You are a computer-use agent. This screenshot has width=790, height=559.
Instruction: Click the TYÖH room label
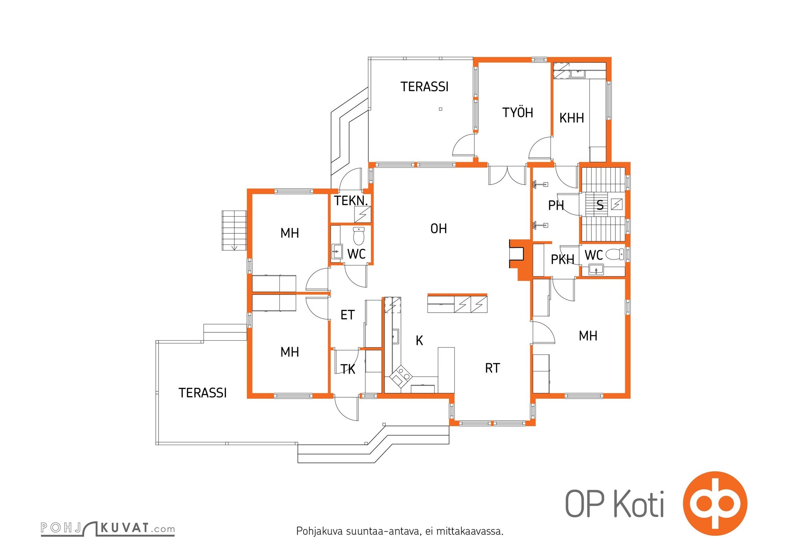click(x=518, y=112)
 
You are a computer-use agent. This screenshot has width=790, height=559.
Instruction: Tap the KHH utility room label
click(x=571, y=118)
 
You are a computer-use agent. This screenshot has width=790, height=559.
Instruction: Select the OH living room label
click(x=438, y=228)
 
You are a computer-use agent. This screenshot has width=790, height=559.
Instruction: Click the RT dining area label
click(x=492, y=368)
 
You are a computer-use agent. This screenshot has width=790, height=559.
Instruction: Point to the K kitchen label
click(x=419, y=340)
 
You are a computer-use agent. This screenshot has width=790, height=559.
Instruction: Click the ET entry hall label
click(x=348, y=315)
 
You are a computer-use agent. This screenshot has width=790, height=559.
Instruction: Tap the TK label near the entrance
click(x=348, y=369)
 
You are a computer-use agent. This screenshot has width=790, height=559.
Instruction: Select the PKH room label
click(x=562, y=259)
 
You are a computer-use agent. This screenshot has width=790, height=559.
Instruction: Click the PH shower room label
click(x=556, y=205)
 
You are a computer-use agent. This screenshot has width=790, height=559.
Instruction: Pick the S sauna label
click(x=600, y=205)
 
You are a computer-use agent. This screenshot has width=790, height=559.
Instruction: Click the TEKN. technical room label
click(x=351, y=201)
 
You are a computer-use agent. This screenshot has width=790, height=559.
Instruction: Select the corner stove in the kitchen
click(x=401, y=376)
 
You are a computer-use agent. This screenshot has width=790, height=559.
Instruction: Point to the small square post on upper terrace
click(x=440, y=109)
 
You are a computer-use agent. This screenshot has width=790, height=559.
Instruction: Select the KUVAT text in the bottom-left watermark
click(x=125, y=528)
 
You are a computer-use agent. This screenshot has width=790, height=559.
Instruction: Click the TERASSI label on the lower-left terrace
click(x=203, y=393)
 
